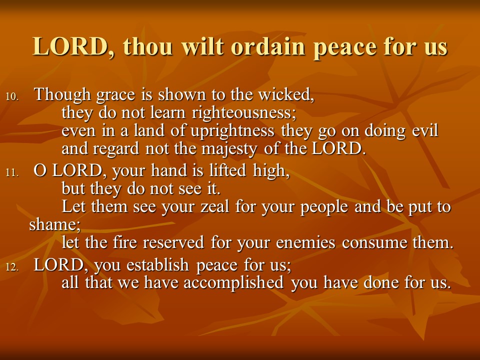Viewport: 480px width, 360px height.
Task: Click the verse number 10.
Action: (x=12, y=96)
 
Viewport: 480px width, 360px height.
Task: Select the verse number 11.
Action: (x=12, y=172)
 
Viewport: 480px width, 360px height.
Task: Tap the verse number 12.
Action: (x=12, y=267)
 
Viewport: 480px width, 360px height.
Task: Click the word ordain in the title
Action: (x=268, y=46)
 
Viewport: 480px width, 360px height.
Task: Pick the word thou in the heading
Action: (x=148, y=46)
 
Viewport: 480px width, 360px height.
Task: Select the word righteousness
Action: (x=243, y=113)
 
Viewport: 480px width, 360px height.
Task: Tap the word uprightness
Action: (x=232, y=131)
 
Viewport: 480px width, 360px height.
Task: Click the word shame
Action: (x=54, y=224)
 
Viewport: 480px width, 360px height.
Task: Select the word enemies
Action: (x=305, y=243)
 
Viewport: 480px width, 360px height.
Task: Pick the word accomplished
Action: (x=233, y=282)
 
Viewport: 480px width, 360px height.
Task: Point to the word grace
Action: (x=115, y=95)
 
